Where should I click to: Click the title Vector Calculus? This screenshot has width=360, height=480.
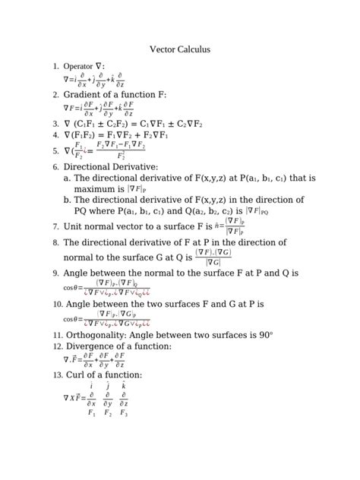[x=180, y=50]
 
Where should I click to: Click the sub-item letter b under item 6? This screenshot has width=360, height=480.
[x=68, y=200]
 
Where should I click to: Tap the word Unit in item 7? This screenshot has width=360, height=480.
[x=73, y=226]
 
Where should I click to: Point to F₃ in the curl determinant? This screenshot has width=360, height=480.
[x=124, y=414]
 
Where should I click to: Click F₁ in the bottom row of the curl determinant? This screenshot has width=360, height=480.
[x=92, y=414]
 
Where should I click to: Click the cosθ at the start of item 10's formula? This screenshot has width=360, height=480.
[x=74, y=320]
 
